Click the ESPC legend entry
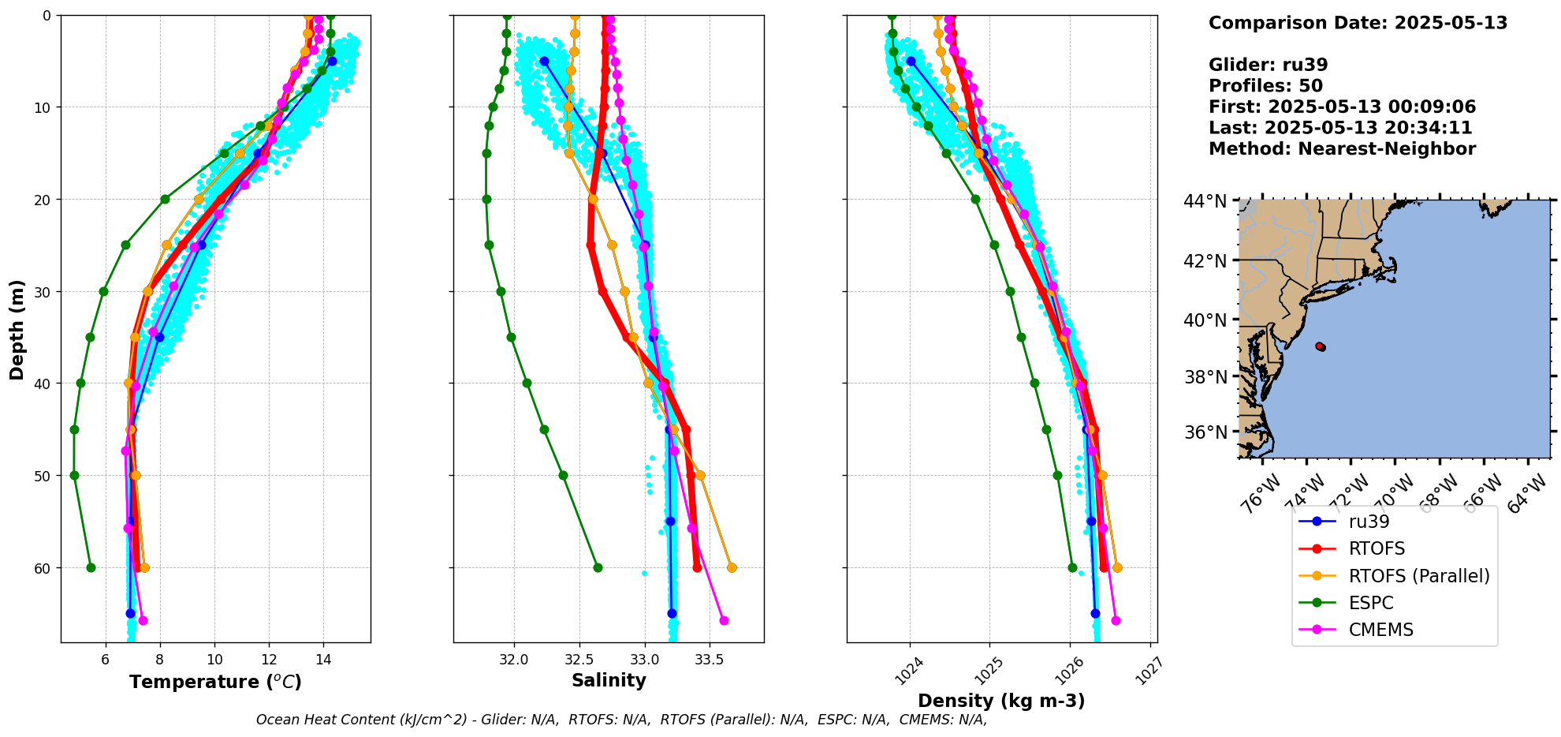[x=1371, y=603]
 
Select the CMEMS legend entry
[x=1380, y=630]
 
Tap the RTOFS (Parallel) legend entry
[x=1419, y=576]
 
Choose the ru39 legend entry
[x=1369, y=522]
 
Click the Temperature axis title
[x=215, y=682]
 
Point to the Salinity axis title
[x=609, y=680]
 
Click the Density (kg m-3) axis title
[x=1001, y=701]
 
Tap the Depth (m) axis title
[x=17, y=329]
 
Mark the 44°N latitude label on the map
[x=1205, y=202]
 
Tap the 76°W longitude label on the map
[x=1258, y=496]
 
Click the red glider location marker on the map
[x=1320, y=346]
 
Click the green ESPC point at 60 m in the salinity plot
[x=598, y=567]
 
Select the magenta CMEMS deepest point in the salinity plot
[x=724, y=620]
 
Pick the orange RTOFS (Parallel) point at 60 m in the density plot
[x=1117, y=567]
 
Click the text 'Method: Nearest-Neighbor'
[x=1342, y=149]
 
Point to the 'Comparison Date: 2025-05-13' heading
[x=1358, y=23]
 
